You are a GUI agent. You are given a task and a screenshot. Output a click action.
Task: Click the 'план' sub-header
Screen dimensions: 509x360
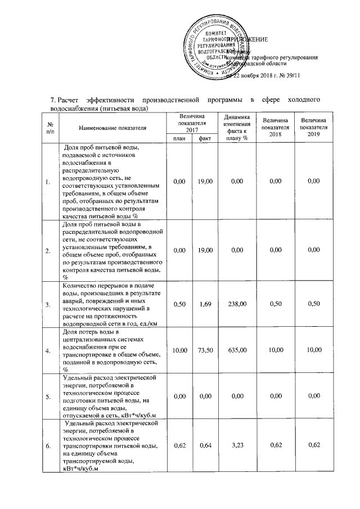179,138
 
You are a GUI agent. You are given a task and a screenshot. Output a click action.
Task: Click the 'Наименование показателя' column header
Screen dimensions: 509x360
112,128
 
